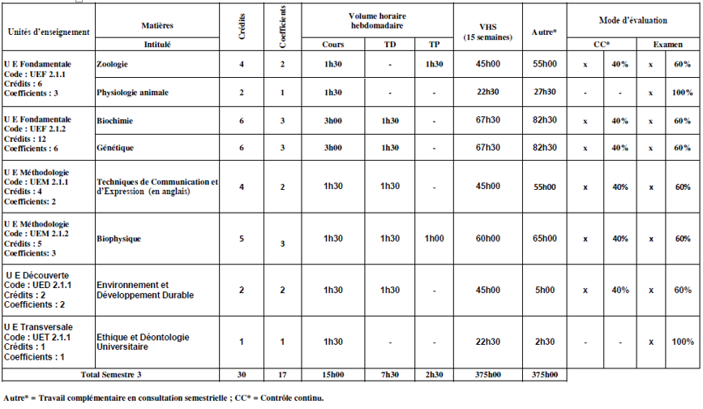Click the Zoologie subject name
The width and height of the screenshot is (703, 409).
(112, 64)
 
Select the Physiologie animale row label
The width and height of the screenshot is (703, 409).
(132, 93)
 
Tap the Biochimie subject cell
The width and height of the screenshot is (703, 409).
(114, 121)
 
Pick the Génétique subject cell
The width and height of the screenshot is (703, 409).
(114, 149)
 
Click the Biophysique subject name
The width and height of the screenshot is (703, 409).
(119, 239)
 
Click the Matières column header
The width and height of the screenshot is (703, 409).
(156, 26)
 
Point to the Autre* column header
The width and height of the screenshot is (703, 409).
(543, 32)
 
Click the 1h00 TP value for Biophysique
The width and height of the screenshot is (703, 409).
(434, 239)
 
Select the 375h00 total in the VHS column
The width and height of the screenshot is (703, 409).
(487, 375)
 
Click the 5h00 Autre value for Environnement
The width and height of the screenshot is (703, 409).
(544, 290)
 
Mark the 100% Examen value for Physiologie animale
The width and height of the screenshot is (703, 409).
(682, 93)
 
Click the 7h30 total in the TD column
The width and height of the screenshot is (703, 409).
(390, 375)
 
